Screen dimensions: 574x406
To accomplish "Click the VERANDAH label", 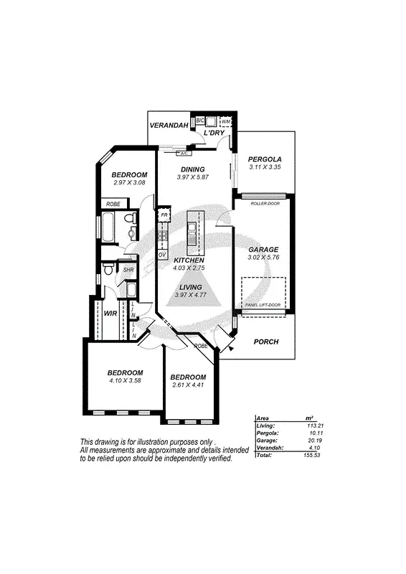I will [x=169, y=126].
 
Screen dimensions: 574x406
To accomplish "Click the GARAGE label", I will [x=263, y=250].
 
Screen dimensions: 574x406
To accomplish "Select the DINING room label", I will [x=192, y=169].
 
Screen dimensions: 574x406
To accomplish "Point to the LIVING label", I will [x=190, y=286].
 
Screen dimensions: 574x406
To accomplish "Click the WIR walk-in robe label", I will [x=111, y=314].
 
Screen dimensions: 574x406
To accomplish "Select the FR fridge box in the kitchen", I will [x=164, y=215].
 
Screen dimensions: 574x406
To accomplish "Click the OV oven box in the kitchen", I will [x=162, y=255].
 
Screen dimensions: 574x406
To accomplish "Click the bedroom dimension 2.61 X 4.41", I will [x=189, y=385].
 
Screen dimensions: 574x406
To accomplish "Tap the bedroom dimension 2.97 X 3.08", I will [x=130, y=183].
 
